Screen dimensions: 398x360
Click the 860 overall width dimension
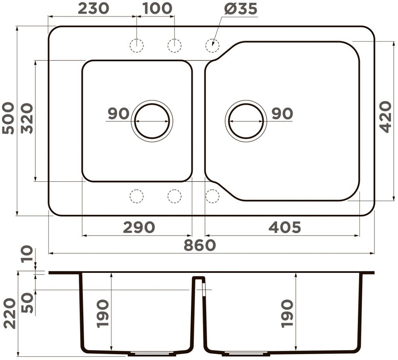[x=200, y=245]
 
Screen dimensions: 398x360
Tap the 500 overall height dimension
[x=8, y=118]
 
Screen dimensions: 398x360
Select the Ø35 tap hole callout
[x=241, y=9]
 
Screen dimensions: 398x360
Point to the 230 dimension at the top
[x=94, y=8]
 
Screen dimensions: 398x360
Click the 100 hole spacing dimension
[x=157, y=8]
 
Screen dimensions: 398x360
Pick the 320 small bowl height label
[x=27, y=118]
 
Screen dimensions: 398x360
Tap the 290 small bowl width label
[x=139, y=227]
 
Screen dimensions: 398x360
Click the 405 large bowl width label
[x=285, y=227]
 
